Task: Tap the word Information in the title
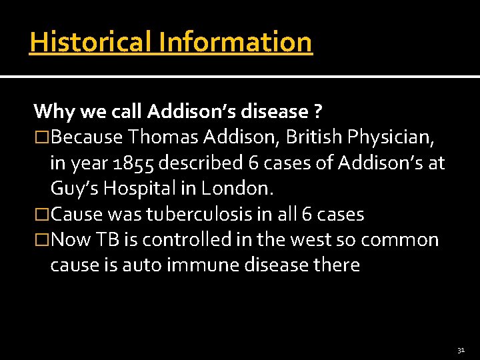click(x=235, y=42)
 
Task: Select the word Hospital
click(x=143, y=189)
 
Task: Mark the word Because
click(x=87, y=137)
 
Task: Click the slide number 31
click(x=461, y=349)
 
